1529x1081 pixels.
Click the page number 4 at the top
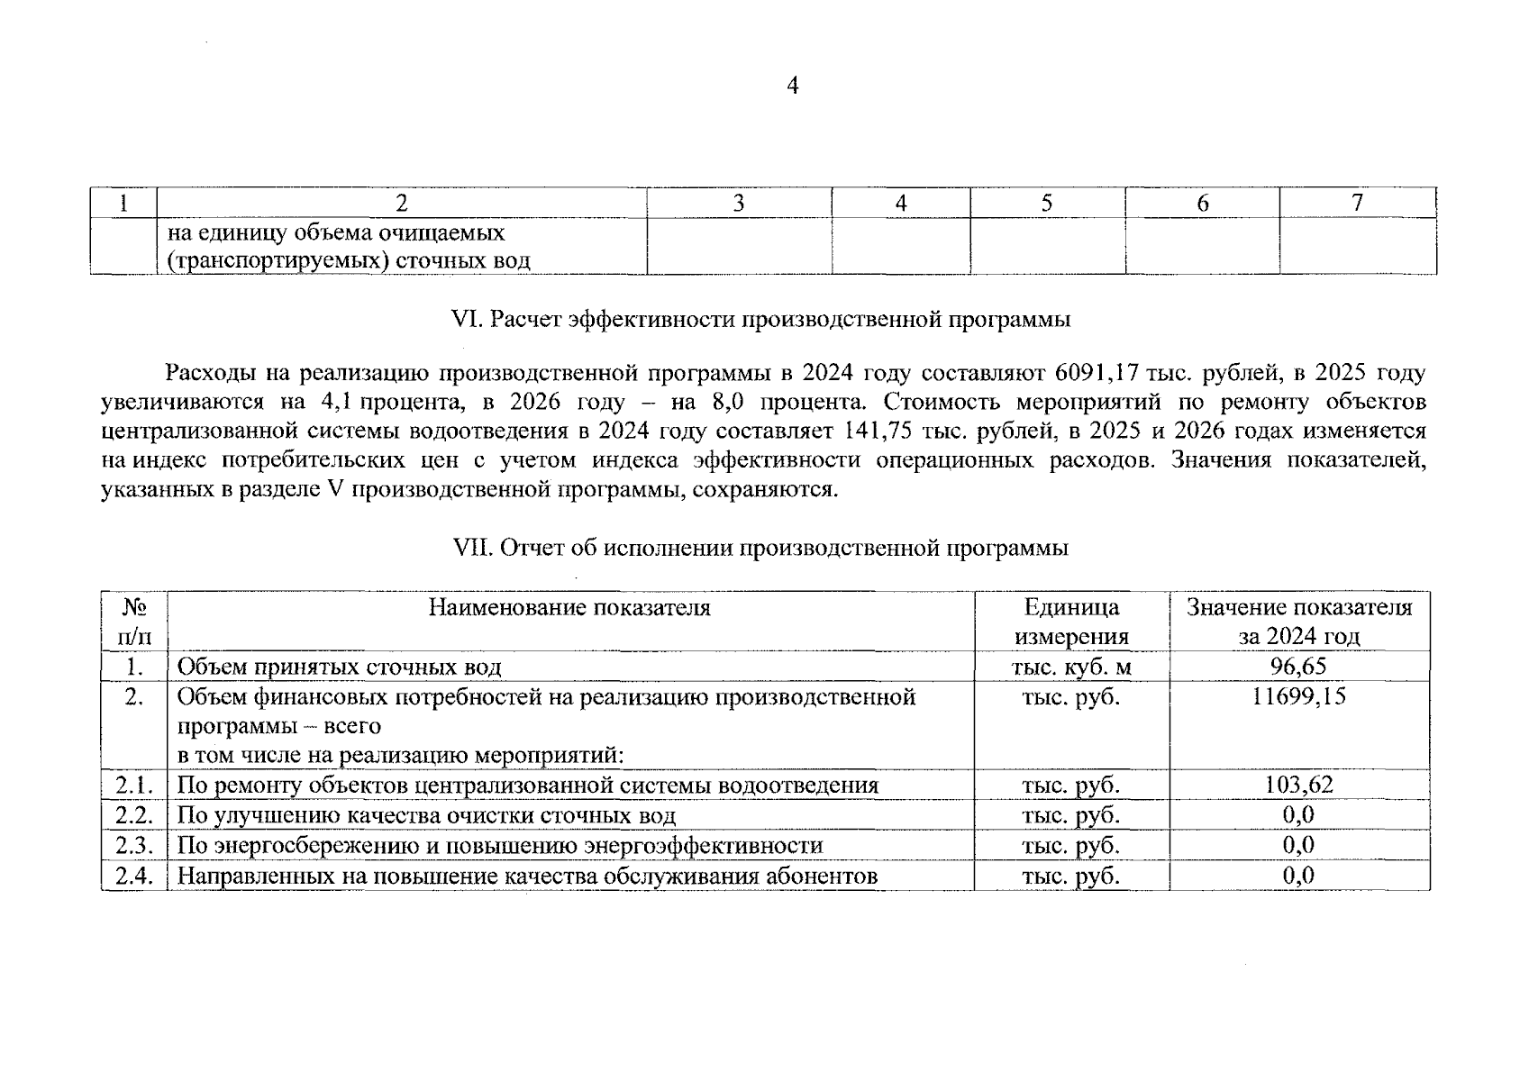point(792,86)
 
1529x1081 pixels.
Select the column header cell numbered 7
point(1357,203)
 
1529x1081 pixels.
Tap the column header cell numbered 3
point(738,203)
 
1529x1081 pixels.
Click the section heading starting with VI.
point(760,320)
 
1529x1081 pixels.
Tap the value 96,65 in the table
point(1297,667)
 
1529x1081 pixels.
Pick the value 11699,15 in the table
point(1297,696)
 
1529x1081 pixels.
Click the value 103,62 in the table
point(1297,785)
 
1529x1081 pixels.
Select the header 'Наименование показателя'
point(569,608)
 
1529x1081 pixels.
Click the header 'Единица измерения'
point(1071,622)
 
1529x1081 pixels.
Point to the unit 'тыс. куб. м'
point(1071,667)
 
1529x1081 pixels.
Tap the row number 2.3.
point(135,845)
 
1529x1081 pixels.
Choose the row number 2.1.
point(135,785)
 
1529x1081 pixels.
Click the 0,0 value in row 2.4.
point(1297,876)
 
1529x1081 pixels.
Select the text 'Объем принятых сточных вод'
point(339,667)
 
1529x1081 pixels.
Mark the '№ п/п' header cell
point(134,622)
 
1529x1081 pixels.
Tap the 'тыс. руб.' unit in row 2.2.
point(1071,815)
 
